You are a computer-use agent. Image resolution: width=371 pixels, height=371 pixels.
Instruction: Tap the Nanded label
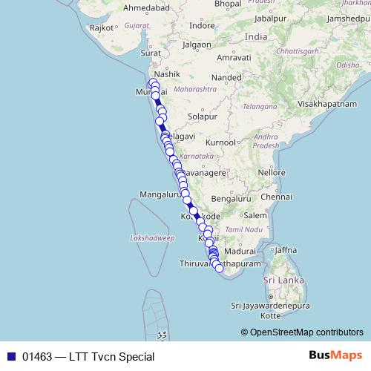[226, 77]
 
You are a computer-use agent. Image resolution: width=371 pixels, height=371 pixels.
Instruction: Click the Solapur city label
[202, 116]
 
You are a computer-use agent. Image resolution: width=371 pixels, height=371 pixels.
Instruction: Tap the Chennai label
[276, 197]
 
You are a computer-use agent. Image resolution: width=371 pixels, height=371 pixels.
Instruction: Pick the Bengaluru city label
[231, 199]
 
